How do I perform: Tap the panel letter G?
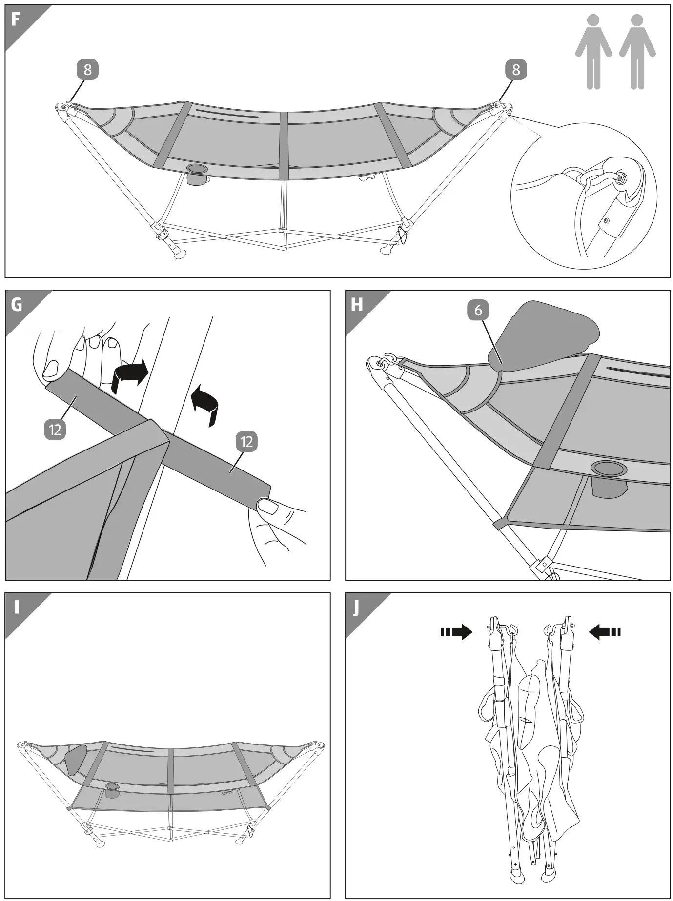(17, 305)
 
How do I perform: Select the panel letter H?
(357, 305)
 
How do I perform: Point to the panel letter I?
(17, 607)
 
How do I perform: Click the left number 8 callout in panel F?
(87, 70)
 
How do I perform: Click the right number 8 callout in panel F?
(516, 70)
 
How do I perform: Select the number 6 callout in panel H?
(478, 311)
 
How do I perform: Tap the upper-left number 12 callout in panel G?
(55, 430)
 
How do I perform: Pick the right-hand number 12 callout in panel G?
(246, 442)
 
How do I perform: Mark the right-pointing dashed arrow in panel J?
(457, 632)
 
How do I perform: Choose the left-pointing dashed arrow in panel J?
(604, 632)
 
